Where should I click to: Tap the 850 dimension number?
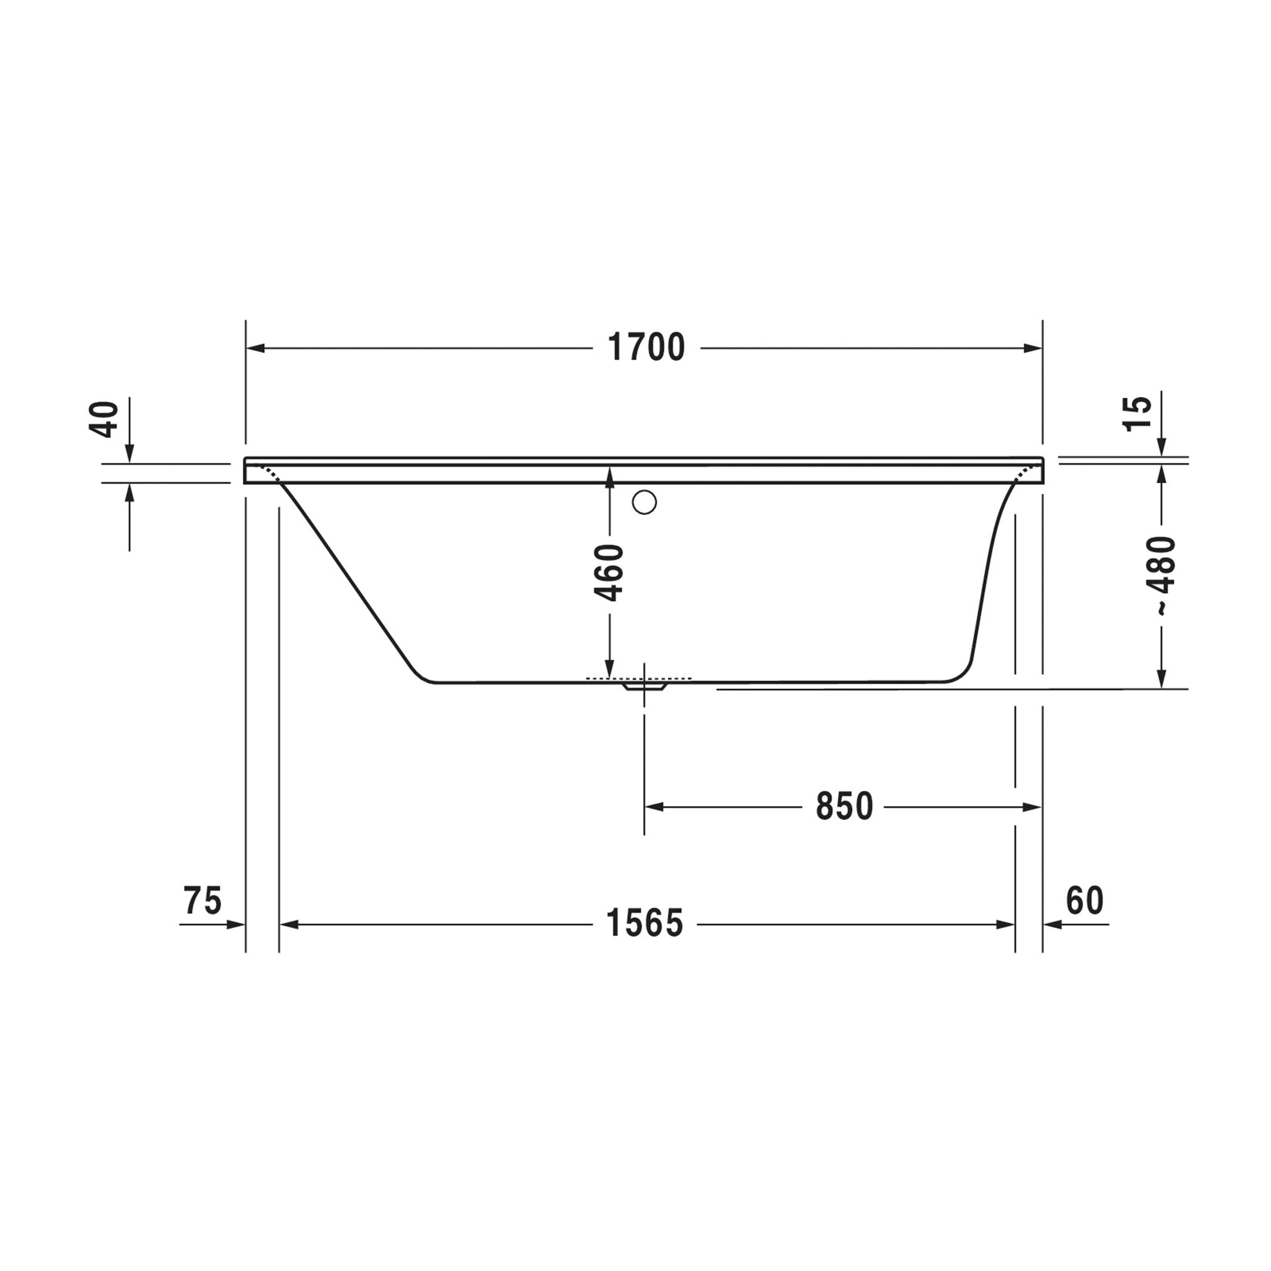click(844, 806)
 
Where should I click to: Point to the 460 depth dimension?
click(609, 572)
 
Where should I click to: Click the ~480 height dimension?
click(1161, 576)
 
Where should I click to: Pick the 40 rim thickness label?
click(103, 419)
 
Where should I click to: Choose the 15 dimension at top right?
click(1137, 414)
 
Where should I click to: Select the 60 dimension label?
click(1085, 900)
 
